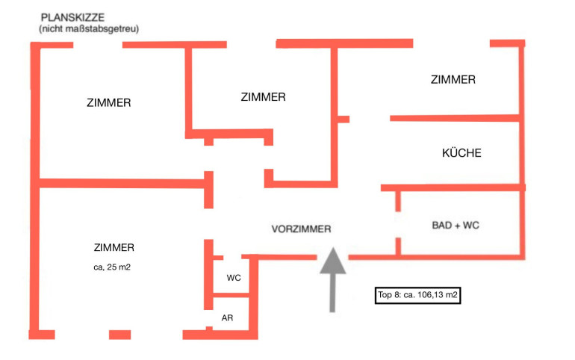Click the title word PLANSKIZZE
point(72,17)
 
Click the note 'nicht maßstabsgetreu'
point(89,28)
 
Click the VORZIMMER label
point(301,229)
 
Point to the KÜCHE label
point(461,153)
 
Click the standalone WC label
point(234,277)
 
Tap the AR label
point(228,317)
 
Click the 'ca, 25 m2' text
point(114,266)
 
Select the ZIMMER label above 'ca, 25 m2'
point(114,247)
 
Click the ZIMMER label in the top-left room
point(109,103)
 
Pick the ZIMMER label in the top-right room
point(453,79)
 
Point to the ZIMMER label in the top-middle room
point(264,96)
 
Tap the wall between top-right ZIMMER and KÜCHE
point(454,117)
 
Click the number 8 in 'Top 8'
point(398,296)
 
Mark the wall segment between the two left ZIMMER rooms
point(119,183)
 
